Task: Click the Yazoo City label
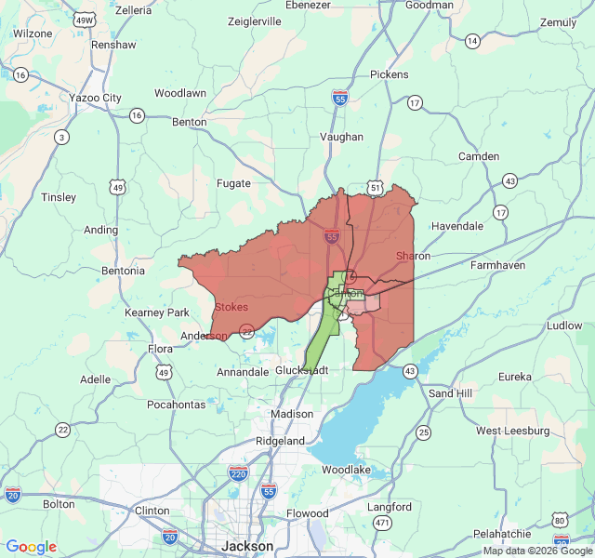(x=95, y=98)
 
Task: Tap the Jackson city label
(x=247, y=546)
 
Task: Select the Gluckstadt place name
(x=302, y=369)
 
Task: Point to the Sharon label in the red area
(x=413, y=256)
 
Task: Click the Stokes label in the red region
(x=231, y=307)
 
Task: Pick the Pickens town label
(x=389, y=74)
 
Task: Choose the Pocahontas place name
(x=176, y=405)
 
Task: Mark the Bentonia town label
(x=123, y=271)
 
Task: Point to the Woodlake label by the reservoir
(x=348, y=471)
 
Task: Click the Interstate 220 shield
(x=239, y=473)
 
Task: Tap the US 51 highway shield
(x=375, y=188)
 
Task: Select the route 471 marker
(x=381, y=525)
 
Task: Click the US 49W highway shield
(x=85, y=20)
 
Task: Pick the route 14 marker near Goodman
(x=472, y=41)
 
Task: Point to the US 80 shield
(x=561, y=519)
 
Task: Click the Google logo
(x=31, y=547)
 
